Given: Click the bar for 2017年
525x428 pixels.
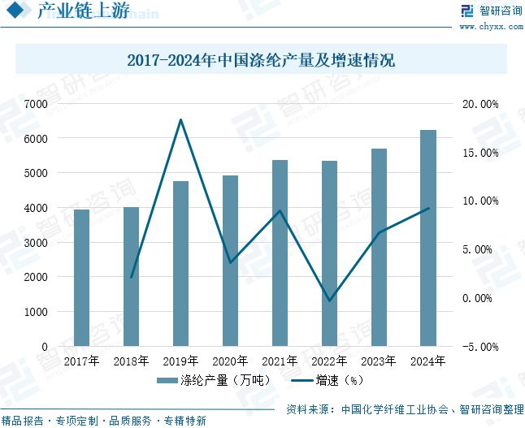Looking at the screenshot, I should point(81,278).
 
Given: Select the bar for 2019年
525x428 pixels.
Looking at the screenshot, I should point(180,263).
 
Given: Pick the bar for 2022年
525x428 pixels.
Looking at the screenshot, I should point(329,253).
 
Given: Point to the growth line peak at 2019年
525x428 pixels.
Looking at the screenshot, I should point(180,120).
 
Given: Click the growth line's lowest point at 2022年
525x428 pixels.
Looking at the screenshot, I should point(329,301).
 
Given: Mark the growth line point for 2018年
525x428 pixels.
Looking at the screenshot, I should point(131,278).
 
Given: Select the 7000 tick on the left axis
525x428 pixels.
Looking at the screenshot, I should point(36,104).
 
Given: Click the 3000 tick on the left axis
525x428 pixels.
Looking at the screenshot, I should point(36,243).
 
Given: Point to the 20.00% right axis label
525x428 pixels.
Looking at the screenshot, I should point(479,104).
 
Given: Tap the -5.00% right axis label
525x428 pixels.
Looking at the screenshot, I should point(479,347).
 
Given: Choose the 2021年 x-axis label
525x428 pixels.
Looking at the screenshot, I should point(280,361).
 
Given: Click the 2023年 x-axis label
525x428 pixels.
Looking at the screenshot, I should point(379,361).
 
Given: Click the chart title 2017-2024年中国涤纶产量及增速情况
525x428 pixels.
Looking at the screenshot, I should point(262,60).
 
